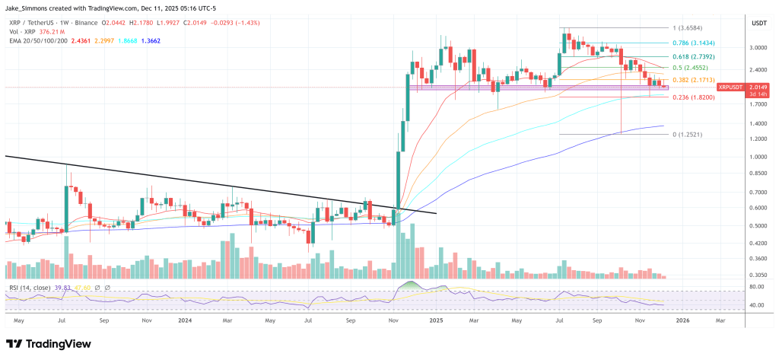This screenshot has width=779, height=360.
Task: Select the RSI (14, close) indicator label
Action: tap(30, 287)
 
